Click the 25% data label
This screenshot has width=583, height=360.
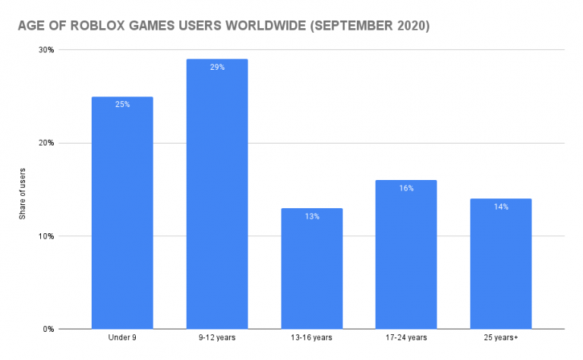(x=122, y=104)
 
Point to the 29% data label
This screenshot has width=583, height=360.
(x=217, y=67)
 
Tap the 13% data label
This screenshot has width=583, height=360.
(x=311, y=216)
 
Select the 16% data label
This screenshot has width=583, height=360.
(x=406, y=188)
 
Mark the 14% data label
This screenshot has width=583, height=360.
(x=500, y=207)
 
